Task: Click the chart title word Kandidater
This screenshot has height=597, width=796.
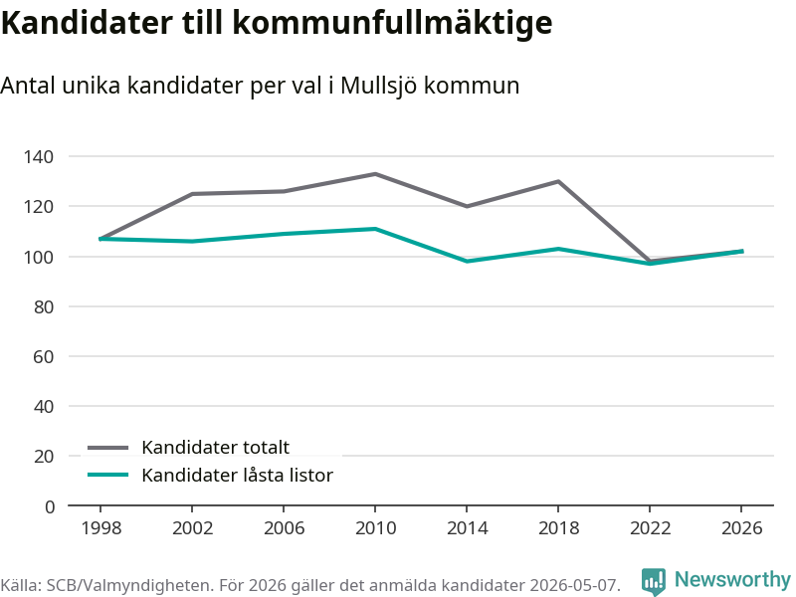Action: tap(87, 22)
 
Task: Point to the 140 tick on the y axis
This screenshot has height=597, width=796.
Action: tap(39, 156)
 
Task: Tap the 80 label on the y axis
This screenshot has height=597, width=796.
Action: tap(44, 306)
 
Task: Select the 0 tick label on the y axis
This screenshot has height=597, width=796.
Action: tap(49, 506)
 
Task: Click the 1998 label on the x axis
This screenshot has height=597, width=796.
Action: tap(101, 528)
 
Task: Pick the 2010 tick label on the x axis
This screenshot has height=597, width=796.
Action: tap(375, 528)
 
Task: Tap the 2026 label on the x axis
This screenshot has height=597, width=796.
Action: tap(741, 528)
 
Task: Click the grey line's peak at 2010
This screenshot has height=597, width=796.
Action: tap(375, 174)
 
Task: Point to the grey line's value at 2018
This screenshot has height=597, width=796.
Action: tap(558, 181)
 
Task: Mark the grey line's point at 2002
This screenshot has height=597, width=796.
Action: tap(192, 194)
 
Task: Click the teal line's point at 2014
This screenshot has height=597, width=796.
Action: tap(467, 262)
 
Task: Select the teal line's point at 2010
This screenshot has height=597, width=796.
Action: tap(375, 229)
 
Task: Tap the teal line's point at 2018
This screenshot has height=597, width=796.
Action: tap(558, 249)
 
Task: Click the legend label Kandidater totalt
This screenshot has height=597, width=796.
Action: tap(215, 447)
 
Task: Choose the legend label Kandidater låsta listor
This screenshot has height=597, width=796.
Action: tap(237, 476)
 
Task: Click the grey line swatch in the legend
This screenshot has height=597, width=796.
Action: tap(108, 448)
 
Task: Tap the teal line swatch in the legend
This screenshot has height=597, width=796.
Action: tap(108, 476)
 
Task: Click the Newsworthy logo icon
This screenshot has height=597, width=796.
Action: tap(654, 581)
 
